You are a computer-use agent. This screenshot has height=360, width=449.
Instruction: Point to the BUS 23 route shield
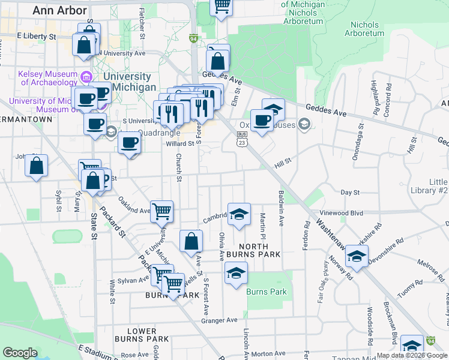coord(242,138)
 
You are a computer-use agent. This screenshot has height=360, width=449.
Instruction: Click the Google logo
coord(20,353)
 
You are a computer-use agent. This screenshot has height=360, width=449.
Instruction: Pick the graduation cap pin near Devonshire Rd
coord(357,258)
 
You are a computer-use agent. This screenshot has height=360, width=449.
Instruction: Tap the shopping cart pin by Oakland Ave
coord(162,211)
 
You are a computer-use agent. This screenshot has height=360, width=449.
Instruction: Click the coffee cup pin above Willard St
coord(130,143)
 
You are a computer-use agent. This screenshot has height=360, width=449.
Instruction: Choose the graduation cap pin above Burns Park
coord(237,274)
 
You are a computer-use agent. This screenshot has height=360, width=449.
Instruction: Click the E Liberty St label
coord(36,37)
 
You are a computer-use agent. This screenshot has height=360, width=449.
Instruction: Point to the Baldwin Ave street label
coord(281,209)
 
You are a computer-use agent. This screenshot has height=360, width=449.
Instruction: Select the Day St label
coord(349,193)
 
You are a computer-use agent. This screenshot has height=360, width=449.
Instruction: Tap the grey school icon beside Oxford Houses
coord(305,124)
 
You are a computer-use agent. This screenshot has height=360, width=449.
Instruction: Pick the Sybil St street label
coord(58,197)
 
